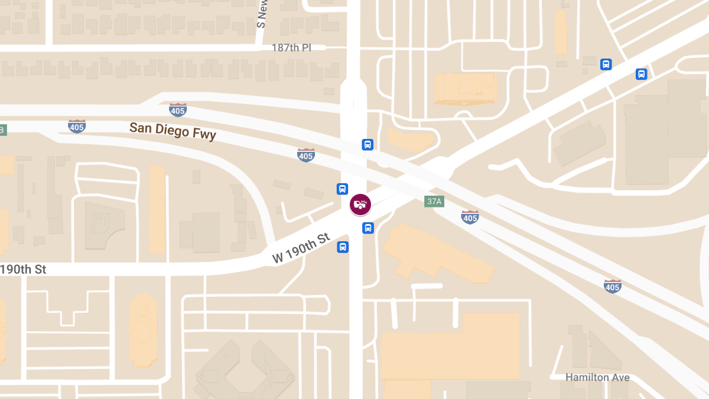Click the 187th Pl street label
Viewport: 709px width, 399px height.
[x=291, y=47]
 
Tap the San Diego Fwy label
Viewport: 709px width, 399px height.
[x=173, y=131]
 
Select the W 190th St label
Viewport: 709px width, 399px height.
[x=300, y=248]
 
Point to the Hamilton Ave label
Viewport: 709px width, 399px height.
[x=597, y=377]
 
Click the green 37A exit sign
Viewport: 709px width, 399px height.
[x=434, y=202]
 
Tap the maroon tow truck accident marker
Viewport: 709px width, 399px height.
[x=360, y=205]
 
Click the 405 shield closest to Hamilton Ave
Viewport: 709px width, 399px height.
[x=613, y=286]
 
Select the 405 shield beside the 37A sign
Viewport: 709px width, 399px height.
[x=470, y=217]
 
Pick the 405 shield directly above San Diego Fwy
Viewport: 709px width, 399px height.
[x=178, y=109]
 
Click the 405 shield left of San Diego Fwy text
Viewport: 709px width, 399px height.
[x=77, y=125]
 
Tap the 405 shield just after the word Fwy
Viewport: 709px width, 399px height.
[x=305, y=155]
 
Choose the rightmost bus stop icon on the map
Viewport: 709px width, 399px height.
[x=642, y=74]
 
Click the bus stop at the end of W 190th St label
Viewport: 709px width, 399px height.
[x=343, y=246]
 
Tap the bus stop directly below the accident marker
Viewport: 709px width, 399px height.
[x=367, y=228]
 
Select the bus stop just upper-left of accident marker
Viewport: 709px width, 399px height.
[x=342, y=189]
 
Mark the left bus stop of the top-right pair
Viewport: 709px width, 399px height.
[x=606, y=64]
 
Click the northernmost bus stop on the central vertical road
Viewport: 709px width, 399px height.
[x=367, y=144]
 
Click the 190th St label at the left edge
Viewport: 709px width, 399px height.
[x=24, y=270]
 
